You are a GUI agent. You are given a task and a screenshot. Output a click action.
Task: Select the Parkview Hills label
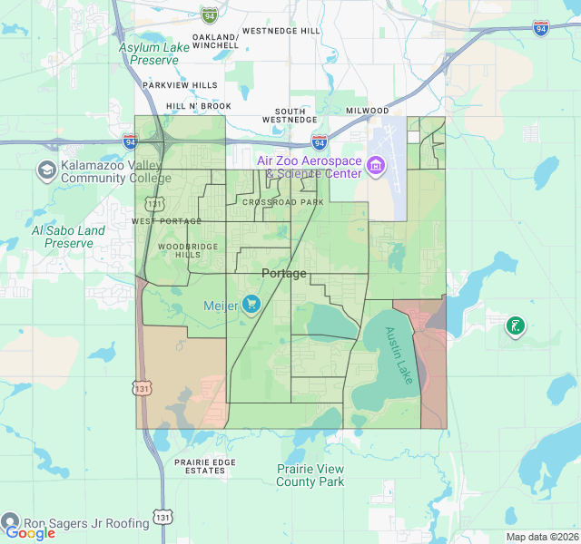pos(180,85)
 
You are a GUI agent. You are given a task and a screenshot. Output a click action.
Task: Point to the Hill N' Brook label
pos(198,106)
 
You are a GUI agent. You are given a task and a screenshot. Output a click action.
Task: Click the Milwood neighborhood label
pos(367,111)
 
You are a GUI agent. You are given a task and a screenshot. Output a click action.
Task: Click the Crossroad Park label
pos(283,201)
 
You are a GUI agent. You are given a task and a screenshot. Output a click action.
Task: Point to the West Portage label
pos(166,221)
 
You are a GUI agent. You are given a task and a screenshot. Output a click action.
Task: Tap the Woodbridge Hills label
pos(179,250)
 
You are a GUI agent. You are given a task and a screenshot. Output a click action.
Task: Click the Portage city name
pos(284,273)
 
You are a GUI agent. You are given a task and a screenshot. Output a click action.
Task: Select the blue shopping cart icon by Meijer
pos(251,305)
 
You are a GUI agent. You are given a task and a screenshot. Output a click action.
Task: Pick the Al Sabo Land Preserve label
pos(68,237)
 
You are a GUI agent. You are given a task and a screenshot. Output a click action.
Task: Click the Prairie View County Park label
pos(310,475)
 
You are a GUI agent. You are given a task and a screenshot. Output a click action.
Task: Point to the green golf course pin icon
pos(515,325)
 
